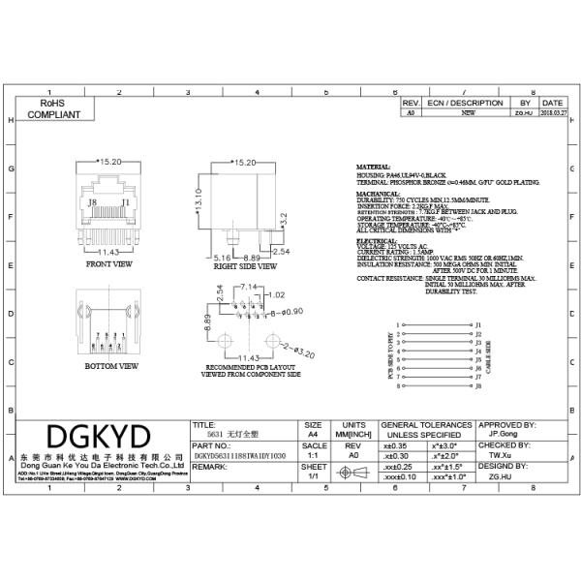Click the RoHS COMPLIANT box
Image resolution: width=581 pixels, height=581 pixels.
(x=52, y=107)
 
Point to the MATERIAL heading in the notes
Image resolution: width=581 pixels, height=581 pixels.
(x=374, y=167)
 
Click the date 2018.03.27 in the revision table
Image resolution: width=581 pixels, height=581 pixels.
(x=553, y=113)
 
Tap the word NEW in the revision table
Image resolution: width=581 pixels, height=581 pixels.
(x=468, y=113)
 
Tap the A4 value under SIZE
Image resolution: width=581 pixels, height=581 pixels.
(x=313, y=435)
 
